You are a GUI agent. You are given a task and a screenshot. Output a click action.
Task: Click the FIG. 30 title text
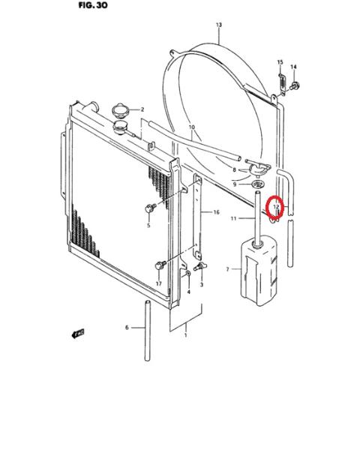93,5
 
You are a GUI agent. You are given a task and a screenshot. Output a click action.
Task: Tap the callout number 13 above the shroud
219,25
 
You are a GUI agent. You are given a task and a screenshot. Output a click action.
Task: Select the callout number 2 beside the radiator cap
142,109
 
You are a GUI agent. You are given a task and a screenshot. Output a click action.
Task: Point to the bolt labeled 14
295,85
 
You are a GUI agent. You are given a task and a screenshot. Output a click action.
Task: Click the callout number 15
280,62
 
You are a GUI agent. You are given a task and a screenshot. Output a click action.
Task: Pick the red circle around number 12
275,207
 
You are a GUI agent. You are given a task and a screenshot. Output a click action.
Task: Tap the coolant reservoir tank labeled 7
259,270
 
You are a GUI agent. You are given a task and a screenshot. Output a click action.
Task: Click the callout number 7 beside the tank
228,269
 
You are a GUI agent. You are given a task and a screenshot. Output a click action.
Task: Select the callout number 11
233,218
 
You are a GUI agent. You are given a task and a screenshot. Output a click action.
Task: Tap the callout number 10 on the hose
192,127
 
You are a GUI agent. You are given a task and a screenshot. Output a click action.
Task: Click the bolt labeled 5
151,208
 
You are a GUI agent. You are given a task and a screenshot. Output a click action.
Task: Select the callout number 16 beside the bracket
216,212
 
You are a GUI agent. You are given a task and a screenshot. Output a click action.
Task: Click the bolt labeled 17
160,265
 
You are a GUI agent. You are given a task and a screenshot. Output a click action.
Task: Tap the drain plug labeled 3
200,266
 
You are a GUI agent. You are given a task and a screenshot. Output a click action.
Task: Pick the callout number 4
188,292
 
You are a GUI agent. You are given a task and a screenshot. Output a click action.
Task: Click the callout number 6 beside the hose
127,328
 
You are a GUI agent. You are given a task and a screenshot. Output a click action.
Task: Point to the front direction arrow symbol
78,333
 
